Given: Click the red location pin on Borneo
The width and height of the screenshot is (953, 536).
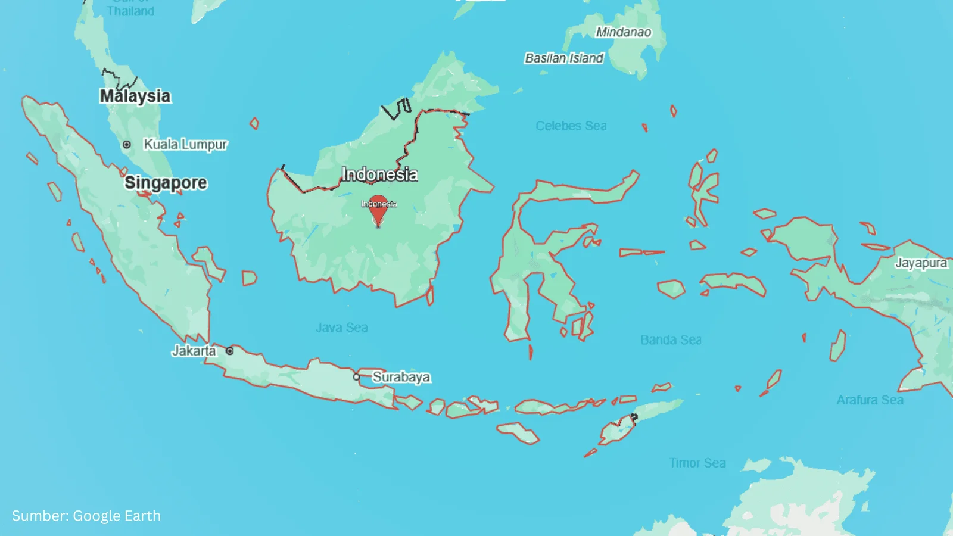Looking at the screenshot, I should [x=378, y=208].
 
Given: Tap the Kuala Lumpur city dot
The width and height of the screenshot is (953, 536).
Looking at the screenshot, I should [x=127, y=145].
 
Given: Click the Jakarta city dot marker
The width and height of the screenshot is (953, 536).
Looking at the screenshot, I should [x=230, y=351].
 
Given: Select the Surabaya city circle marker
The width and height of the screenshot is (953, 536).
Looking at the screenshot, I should [x=356, y=376].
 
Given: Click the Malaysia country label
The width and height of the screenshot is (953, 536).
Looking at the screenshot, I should [x=135, y=96].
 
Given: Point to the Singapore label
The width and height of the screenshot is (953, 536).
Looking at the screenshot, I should [x=166, y=183].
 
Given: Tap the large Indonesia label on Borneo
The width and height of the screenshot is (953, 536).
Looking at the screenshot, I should [x=379, y=174].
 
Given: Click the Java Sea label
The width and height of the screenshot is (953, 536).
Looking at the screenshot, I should [x=342, y=328].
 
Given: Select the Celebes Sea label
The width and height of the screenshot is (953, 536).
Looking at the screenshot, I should [x=571, y=126].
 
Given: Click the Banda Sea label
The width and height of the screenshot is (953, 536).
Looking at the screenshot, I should [x=671, y=340].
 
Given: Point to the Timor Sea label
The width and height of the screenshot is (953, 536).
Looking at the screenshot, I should [x=697, y=463].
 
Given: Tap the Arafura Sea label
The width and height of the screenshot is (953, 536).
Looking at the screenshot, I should [x=870, y=400].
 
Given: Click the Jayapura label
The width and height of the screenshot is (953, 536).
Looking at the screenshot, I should [x=921, y=263].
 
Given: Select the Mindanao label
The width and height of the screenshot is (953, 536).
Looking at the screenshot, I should [x=624, y=32].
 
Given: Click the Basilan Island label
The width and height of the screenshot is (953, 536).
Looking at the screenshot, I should [x=563, y=58].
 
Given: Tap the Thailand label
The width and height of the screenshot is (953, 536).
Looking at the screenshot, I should [x=130, y=11].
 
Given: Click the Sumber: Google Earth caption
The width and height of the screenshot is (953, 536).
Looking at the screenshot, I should [x=86, y=516].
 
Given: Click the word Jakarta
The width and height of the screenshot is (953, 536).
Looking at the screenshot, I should [x=194, y=351].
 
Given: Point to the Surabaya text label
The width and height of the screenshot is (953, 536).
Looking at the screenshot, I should [x=401, y=377].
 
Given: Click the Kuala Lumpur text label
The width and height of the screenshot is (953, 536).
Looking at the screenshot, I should [x=185, y=145].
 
